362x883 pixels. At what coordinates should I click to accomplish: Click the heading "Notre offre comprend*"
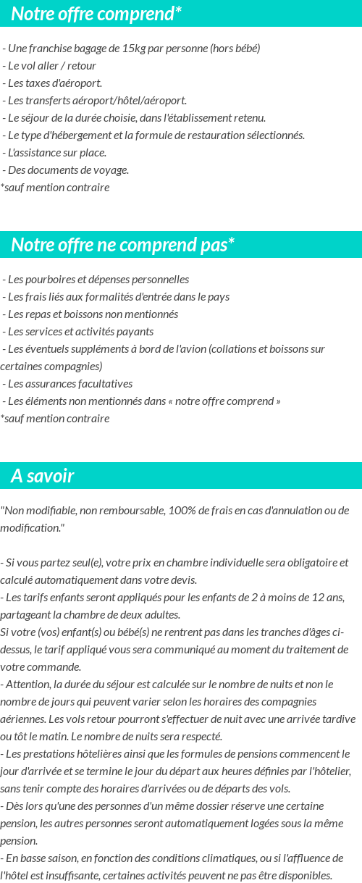96,14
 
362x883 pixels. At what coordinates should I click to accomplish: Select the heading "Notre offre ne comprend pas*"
123,245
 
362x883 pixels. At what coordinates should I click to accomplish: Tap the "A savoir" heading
43,476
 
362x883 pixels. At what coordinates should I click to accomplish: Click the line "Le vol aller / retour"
52,66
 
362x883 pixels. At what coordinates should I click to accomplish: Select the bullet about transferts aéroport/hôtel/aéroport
97,101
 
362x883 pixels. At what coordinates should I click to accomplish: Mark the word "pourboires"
51,280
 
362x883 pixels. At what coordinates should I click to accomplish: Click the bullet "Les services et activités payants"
80,332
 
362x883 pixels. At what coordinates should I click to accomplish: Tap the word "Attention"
29,685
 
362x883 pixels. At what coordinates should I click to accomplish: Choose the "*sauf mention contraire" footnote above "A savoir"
55,419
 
